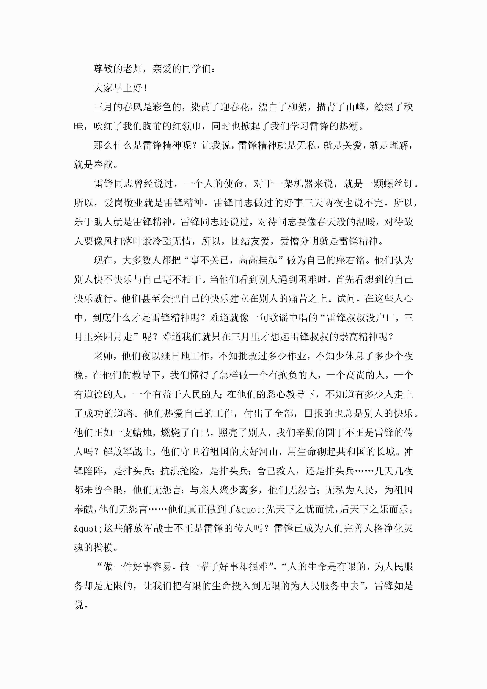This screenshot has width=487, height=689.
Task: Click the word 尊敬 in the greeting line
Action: (103, 69)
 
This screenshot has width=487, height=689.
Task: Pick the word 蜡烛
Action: (142, 433)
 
